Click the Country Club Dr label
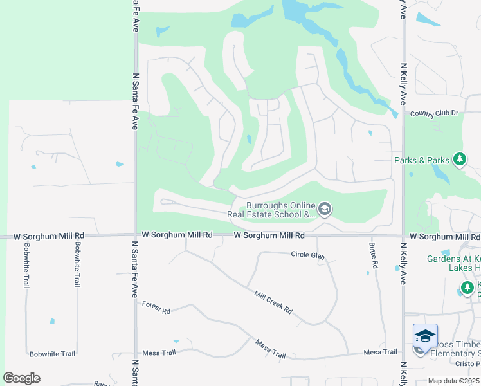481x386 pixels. [434, 113]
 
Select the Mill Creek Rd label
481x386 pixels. [273, 302]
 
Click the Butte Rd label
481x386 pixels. [373, 255]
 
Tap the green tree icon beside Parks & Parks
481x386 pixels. [459, 159]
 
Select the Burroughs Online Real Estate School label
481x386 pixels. [274, 207]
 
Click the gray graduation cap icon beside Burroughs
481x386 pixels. [325, 208]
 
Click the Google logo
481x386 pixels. [21, 378]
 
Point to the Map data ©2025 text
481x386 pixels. [453, 381]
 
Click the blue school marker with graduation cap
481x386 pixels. [425, 336]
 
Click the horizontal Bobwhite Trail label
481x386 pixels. [53, 354]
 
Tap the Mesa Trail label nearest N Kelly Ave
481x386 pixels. [380, 352]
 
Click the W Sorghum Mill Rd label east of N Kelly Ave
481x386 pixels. [444, 237]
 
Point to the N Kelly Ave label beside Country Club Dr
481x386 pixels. [404, 84]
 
